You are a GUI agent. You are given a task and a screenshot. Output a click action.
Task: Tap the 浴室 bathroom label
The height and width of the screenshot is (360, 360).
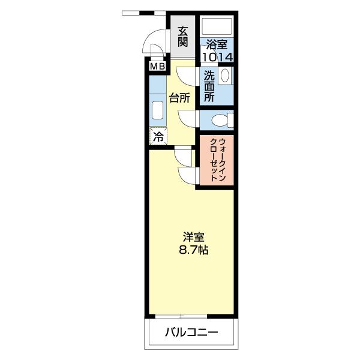(217, 44)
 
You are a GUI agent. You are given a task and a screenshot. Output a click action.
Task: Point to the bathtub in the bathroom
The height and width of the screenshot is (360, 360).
(217, 26)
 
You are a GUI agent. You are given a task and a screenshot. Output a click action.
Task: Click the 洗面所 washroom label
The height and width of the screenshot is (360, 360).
(209, 86)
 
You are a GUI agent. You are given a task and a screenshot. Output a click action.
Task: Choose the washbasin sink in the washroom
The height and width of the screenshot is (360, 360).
(225, 76)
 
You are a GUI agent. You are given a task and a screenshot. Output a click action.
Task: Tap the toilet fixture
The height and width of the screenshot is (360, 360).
(221, 120)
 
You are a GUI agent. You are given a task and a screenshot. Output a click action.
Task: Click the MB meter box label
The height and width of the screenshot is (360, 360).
(157, 67)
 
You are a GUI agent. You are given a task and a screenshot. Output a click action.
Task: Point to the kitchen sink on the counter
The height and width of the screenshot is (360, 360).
(157, 111)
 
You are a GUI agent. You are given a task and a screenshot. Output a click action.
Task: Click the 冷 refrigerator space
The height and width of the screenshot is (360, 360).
(158, 136)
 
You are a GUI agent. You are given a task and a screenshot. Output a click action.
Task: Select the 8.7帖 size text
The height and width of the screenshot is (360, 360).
(193, 250)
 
